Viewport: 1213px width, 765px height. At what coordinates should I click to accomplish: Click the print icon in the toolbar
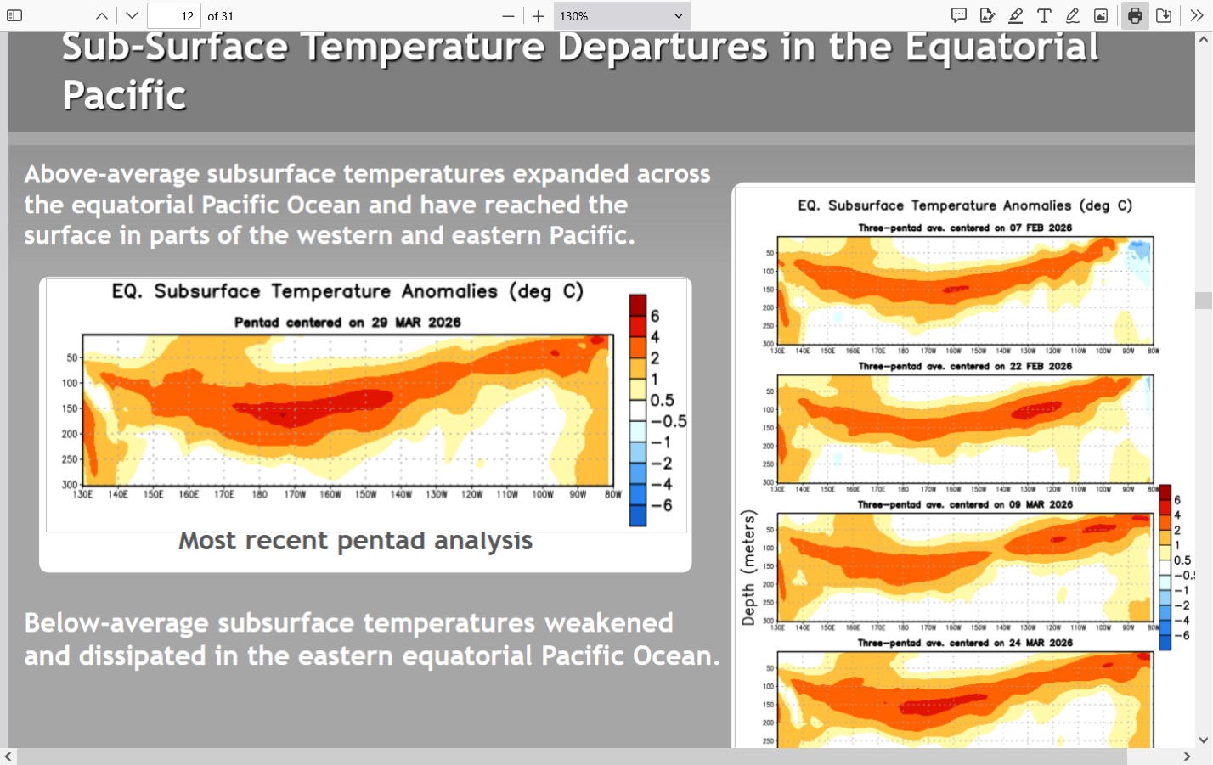[1135, 16]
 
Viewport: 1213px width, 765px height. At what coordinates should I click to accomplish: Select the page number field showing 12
[174, 16]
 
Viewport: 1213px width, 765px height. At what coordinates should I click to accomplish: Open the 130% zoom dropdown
[621, 16]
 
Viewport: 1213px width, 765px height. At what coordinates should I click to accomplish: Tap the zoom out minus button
[508, 16]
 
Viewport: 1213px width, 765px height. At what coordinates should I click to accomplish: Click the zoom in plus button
[539, 16]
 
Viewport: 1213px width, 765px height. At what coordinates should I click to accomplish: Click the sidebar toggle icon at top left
[14, 16]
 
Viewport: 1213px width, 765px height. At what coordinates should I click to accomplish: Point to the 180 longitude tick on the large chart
[259, 494]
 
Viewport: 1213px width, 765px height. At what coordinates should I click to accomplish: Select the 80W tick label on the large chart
[613, 494]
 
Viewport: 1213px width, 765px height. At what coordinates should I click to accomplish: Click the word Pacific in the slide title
[124, 95]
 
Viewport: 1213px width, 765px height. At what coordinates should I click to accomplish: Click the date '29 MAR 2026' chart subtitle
[416, 323]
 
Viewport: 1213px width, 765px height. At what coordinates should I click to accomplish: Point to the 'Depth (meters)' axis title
[748, 568]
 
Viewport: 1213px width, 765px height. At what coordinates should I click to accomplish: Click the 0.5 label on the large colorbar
[663, 400]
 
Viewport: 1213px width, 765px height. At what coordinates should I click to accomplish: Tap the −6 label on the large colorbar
[661, 505]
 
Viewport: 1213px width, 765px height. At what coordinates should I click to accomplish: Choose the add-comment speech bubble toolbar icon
[959, 16]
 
